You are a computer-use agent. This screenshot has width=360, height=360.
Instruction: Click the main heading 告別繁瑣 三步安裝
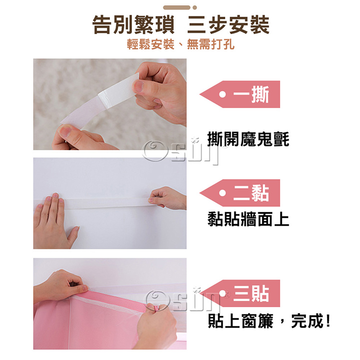coord(180,25)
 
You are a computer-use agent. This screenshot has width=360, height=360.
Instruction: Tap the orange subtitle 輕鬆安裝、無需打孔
coord(180,44)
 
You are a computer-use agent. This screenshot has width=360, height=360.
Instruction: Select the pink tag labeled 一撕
coord(240,94)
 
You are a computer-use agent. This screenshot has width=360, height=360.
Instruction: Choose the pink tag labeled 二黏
coord(240,193)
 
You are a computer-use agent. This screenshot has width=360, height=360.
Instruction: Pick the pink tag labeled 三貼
coord(240,293)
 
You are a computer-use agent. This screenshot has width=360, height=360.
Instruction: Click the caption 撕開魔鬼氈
coord(248,139)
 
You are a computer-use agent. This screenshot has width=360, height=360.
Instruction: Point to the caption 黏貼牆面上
coord(248,219)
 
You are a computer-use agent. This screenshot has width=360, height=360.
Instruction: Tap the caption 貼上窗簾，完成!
coord(269,321)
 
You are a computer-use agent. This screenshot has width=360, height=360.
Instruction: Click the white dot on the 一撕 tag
coord(222,94)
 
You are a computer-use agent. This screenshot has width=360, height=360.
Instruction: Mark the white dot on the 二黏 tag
coord(222,193)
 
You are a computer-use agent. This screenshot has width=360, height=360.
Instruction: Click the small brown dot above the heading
coord(195,8)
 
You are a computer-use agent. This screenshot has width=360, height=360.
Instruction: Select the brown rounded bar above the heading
coord(177,8)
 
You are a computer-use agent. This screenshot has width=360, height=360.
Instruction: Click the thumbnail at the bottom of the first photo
coord(65,132)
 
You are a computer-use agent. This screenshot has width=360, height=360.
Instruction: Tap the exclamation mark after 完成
coord(328,321)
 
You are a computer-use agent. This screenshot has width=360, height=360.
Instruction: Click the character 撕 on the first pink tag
coord(260,95)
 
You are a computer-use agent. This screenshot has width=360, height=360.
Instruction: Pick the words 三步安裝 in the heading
coord(228,25)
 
